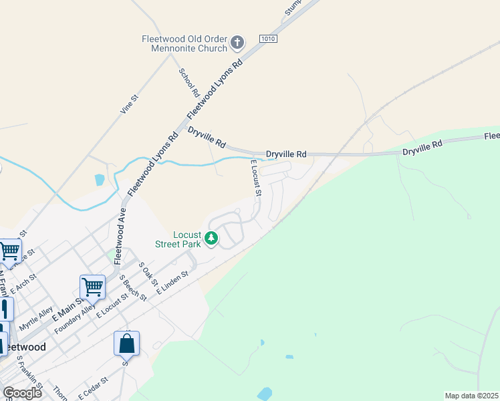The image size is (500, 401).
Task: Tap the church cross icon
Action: [x=237, y=43]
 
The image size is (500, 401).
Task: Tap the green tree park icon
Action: [x=211, y=238]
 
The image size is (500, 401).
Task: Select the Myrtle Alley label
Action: [x=36, y=318]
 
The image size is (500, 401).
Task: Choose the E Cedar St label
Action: [x=92, y=388]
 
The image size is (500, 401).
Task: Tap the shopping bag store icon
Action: [x=126, y=344]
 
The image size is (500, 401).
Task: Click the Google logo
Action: [x=22, y=392]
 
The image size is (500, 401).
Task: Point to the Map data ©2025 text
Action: [x=471, y=396]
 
